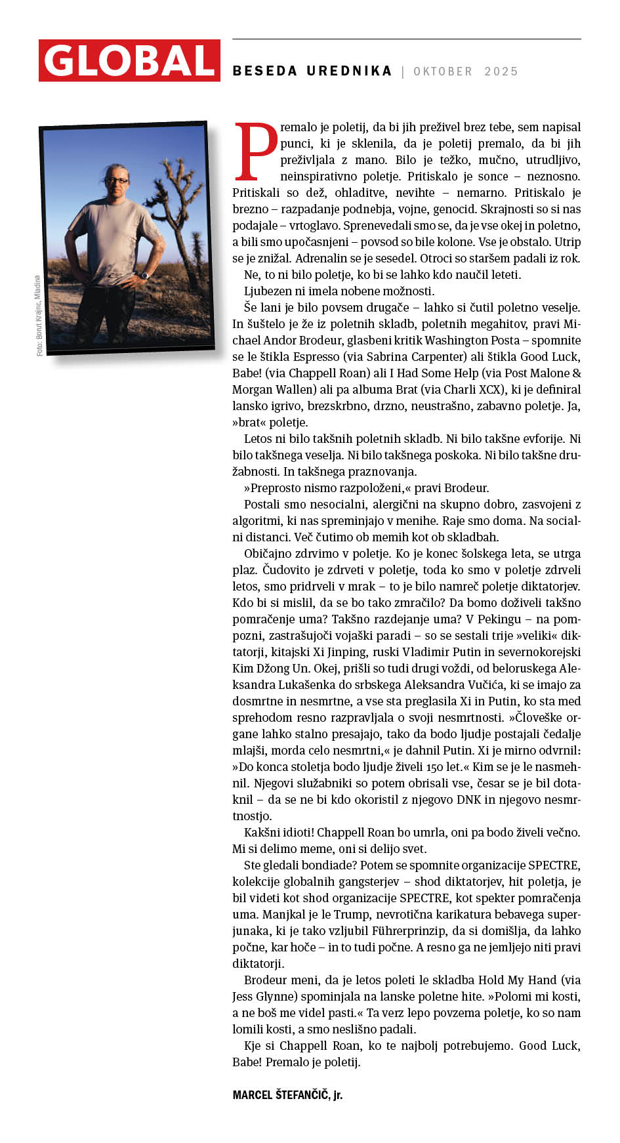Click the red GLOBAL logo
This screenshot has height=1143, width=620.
click(x=129, y=61)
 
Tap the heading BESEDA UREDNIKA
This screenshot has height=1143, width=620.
click(x=312, y=72)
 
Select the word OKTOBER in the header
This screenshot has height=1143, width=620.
click(x=443, y=72)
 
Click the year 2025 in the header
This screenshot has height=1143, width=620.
click(x=501, y=72)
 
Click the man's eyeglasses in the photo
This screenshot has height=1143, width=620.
click(x=118, y=180)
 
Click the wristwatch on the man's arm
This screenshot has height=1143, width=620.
click(x=144, y=276)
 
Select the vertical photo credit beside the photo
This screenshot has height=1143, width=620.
click(x=39, y=316)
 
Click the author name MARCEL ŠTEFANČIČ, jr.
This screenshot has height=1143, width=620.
click(x=287, y=1094)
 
